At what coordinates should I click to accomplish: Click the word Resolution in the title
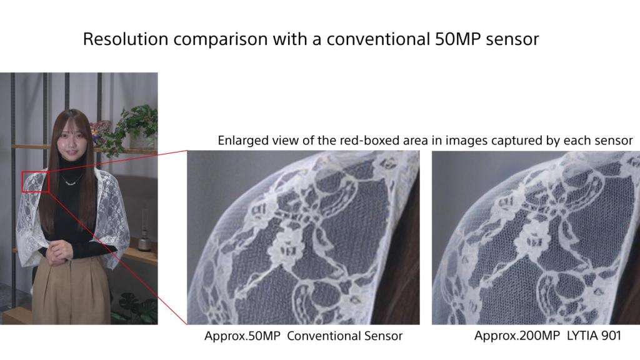coord(126,39)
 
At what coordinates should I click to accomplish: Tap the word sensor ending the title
coord(513,40)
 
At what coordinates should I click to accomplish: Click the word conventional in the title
coord(378,39)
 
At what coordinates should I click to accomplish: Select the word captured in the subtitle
coord(515,141)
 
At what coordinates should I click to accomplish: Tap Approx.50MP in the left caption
coord(242,336)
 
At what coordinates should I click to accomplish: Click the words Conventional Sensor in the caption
coord(345,336)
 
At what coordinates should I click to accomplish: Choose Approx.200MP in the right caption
coord(517,336)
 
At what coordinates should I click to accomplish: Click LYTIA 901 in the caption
coord(594,336)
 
